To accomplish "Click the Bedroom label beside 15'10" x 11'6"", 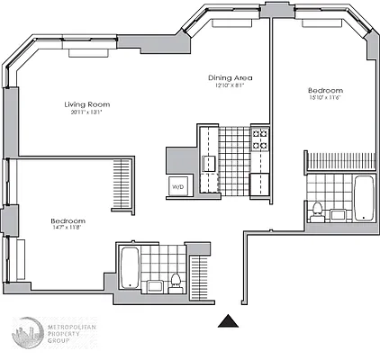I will coord(325,90).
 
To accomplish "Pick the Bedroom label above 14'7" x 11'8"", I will coord(68,221).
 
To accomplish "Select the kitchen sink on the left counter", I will coord(209,163).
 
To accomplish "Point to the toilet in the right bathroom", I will coord(316,211).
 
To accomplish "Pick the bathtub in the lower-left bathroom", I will coord(129,267).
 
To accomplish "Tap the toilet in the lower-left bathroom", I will coord(176,280).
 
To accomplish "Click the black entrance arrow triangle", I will coord(231,321).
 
